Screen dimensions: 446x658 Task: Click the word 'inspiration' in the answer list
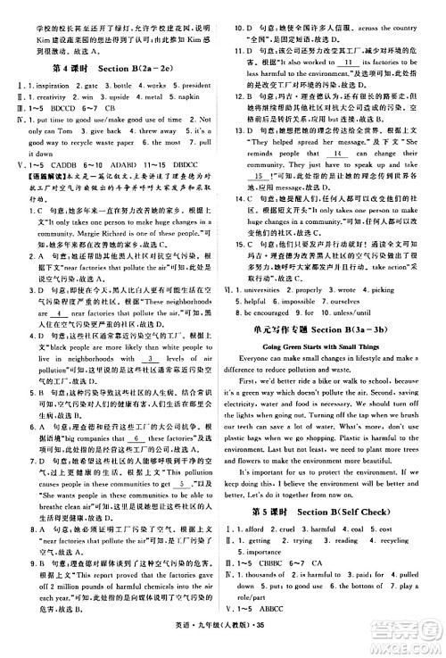point(42,85)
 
